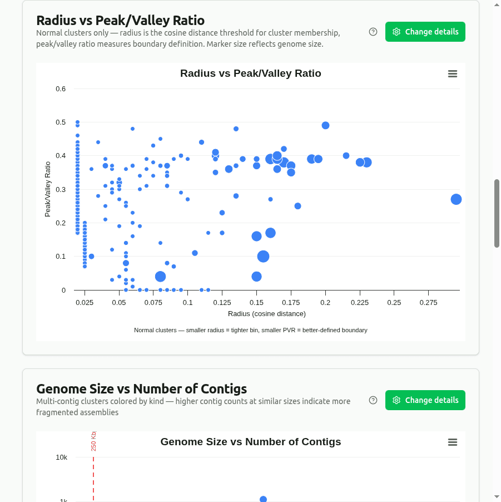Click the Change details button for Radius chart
(x=425, y=32)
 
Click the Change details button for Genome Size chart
(x=425, y=400)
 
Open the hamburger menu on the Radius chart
(x=453, y=73)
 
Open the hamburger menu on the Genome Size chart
(x=453, y=442)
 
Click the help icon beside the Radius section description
(x=373, y=32)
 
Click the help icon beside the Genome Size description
(x=373, y=400)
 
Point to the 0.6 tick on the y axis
(x=61, y=89)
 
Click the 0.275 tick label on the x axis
(x=428, y=302)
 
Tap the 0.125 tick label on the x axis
(x=222, y=302)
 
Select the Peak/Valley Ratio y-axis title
(x=48, y=189)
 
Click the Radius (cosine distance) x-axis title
(x=267, y=314)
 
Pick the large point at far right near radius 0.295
(x=456, y=199)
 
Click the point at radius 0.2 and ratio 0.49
(x=325, y=125)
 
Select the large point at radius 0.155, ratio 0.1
(x=264, y=257)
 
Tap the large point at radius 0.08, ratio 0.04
(x=160, y=277)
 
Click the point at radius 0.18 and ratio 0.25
(x=297, y=206)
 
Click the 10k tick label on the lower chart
(x=61, y=457)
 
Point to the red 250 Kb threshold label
(x=93, y=441)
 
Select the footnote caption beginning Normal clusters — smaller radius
(x=250, y=330)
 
